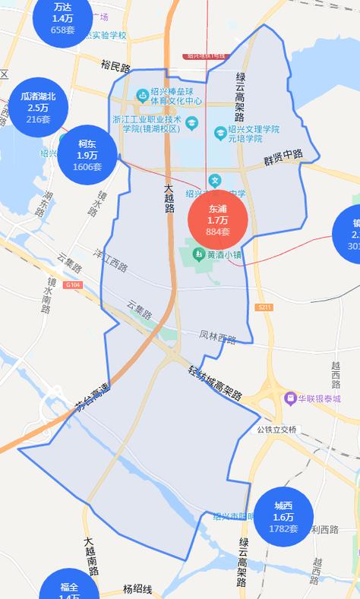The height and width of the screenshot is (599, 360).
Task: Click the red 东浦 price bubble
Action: pyautogui.click(x=217, y=219)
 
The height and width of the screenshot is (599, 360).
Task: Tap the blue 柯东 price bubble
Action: pyautogui.click(x=87, y=155)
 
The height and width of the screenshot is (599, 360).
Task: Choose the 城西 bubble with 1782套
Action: pyautogui.click(x=283, y=516)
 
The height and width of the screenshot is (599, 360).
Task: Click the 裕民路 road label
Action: pyautogui.click(x=115, y=66)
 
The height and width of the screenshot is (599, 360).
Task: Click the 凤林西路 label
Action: pyautogui.click(x=218, y=336)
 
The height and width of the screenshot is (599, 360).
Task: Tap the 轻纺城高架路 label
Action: pyautogui.click(x=215, y=384)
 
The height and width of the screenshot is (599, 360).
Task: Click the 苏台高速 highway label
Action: pyautogui.click(x=93, y=399)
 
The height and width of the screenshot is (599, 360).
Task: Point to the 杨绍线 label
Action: pyautogui.click(x=137, y=589)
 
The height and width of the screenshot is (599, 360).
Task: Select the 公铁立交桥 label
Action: pyautogui.click(x=276, y=429)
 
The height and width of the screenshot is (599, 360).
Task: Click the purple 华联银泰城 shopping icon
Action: pyautogui.click(x=290, y=398)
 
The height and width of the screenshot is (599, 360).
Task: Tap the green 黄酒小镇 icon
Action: pyautogui.click(x=198, y=254)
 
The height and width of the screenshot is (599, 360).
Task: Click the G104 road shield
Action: pyautogui.click(x=73, y=285)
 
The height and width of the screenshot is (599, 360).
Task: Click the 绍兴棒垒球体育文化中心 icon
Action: pyautogui.click(x=141, y=95)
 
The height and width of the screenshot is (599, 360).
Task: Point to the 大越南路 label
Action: pyautogui.click(x=90, y=557)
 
